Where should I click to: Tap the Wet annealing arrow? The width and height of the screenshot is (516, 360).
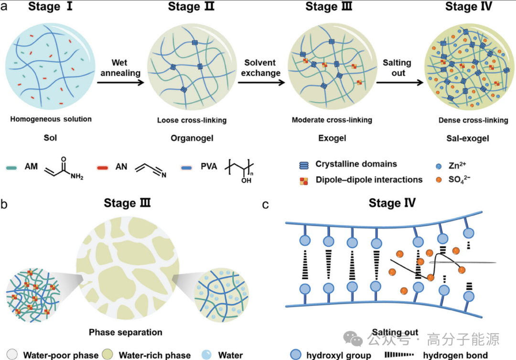[x=119, y=82]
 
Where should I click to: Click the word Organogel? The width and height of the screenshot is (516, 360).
[x=192, y=138]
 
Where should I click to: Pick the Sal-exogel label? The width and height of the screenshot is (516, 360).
[x=473, y=138]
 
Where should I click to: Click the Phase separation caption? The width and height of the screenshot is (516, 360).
[x=125, y=332]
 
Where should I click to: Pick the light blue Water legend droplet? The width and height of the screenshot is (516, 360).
[x=205, y=355]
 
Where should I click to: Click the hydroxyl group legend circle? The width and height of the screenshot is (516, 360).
[x=296, y=354]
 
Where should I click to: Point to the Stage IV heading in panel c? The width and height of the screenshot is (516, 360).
[x=391, y=203]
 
